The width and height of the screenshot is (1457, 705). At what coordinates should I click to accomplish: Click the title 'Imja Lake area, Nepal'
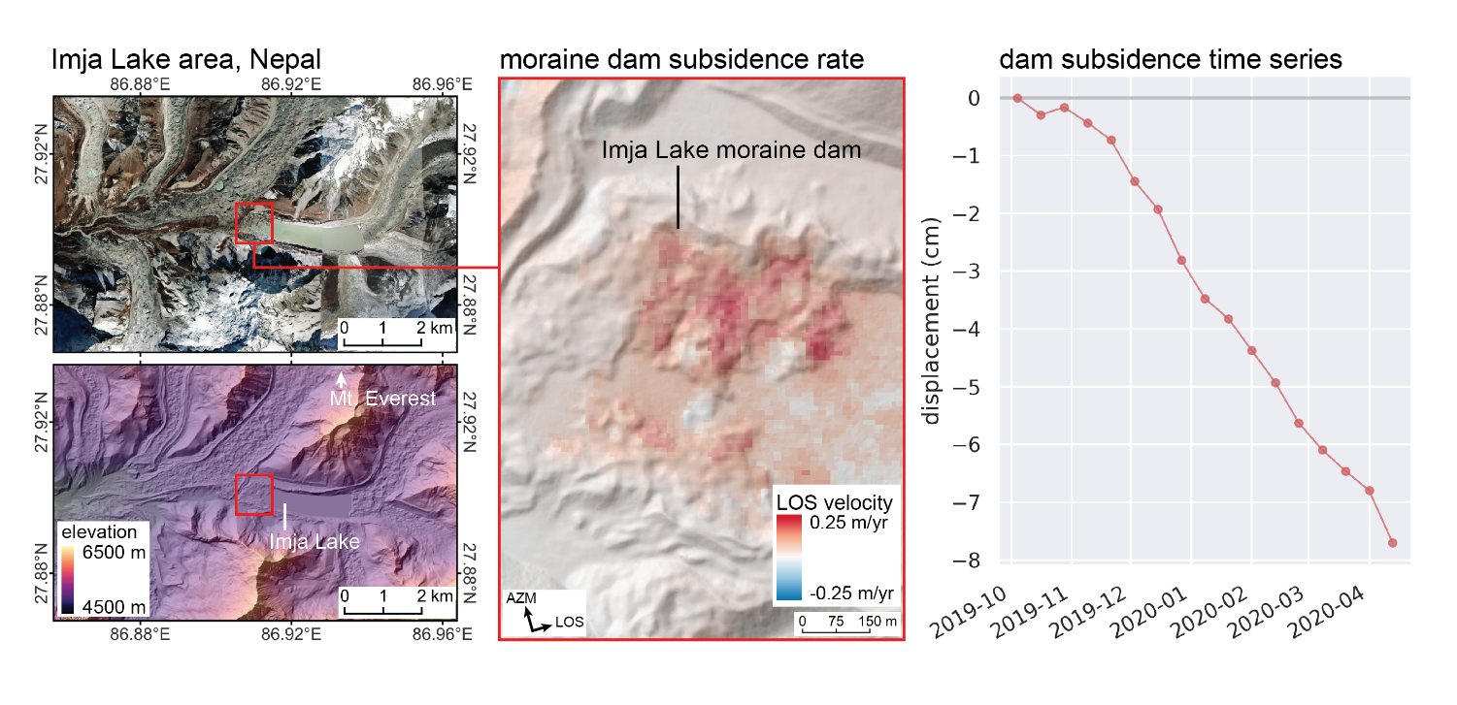[186, 59]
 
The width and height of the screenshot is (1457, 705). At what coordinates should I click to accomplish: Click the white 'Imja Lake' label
[314, 541]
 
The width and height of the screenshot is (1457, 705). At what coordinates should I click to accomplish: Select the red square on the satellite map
[254, 222]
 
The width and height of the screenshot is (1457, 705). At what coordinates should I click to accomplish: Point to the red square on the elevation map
[254, 495]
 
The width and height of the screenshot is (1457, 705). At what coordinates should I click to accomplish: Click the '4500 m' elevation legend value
[113, 606]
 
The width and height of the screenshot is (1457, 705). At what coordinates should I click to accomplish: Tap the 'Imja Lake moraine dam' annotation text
[731, 150]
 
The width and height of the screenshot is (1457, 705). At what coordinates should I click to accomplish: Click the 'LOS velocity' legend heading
[834, 502]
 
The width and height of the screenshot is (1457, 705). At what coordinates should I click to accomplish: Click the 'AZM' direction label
[521, 599]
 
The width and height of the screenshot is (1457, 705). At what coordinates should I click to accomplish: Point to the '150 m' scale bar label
[878, 621]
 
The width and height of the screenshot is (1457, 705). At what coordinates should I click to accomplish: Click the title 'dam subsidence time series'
[1170, 59]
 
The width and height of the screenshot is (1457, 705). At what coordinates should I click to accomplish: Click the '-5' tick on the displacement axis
[976, 387]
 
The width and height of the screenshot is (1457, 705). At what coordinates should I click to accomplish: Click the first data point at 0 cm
[1017, 98]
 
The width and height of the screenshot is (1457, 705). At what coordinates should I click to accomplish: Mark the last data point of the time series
[1392, 543]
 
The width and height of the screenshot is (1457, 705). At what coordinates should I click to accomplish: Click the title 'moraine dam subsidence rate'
[681, 59]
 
